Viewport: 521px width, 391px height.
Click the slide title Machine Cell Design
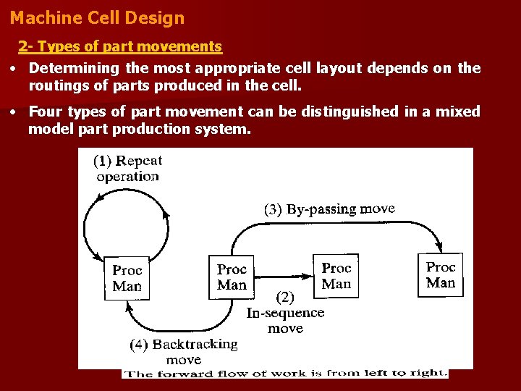98,18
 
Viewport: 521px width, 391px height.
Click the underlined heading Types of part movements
119,47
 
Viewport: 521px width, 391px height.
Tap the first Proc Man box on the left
127,278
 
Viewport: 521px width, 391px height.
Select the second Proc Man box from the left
232,277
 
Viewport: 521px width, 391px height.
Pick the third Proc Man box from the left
336,276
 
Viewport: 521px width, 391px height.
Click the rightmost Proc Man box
440,275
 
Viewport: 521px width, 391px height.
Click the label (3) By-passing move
329,210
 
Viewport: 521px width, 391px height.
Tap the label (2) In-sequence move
285,313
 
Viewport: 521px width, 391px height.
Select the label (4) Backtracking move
184,351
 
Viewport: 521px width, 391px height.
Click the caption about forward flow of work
285,374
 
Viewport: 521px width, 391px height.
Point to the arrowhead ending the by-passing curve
439,248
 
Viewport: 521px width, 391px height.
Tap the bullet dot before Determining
14,69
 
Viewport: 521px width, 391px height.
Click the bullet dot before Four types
14,112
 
